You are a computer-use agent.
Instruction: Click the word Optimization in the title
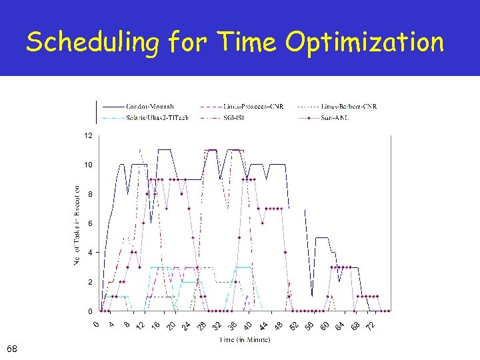click(365, 43)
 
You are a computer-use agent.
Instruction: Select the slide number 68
click(12, 349)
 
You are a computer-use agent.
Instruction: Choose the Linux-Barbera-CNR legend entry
click(350, 107)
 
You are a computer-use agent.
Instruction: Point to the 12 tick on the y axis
click(88, 135)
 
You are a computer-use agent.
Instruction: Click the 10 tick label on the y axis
click(88, 165)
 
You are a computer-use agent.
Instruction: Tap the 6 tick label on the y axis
click(90, 223)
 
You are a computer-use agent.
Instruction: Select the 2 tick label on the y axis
click(90, 282)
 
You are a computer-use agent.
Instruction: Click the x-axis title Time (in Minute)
click(245, 340)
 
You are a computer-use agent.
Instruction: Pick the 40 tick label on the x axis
click(247, 325)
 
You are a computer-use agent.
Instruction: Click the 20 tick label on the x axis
click(170, 325)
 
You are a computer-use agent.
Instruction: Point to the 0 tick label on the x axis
click(96, 325)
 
